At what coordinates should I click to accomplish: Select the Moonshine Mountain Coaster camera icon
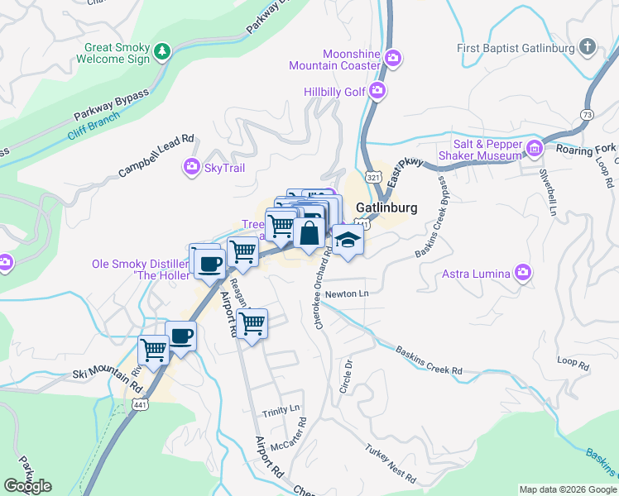pyautogui.click(x=394, y=58)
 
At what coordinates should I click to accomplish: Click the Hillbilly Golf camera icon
pyautogui.click(x=377, y=91)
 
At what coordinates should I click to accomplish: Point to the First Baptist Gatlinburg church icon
pyautogui.click(x=587, y=47)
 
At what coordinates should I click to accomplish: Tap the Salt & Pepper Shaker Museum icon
pyautogui.click(x=534, y=149)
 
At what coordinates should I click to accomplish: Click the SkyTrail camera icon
pyautogui.click(x=191, y=169)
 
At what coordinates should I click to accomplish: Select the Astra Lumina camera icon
pyautogui.click(x=522, y=272)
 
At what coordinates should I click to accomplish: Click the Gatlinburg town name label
pyautogui.click(x=386, y=207)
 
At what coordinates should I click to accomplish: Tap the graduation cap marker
pyautogui.click(x=348, y=241)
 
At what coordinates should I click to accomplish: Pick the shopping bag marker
pyautogui.click(x=309, y=232)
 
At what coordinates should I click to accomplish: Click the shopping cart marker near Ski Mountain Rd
pyautogui.click(x=154, y=350)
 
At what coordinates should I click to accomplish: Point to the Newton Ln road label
pyautogui.click(x=346, y=293)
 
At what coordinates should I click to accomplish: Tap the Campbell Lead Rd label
pyautogui.click(x=156, y=156)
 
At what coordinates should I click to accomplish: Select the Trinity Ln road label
pyautogui.click(x=281, y=411)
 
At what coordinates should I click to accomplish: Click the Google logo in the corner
pyautogui.click(x=27, y=486)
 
